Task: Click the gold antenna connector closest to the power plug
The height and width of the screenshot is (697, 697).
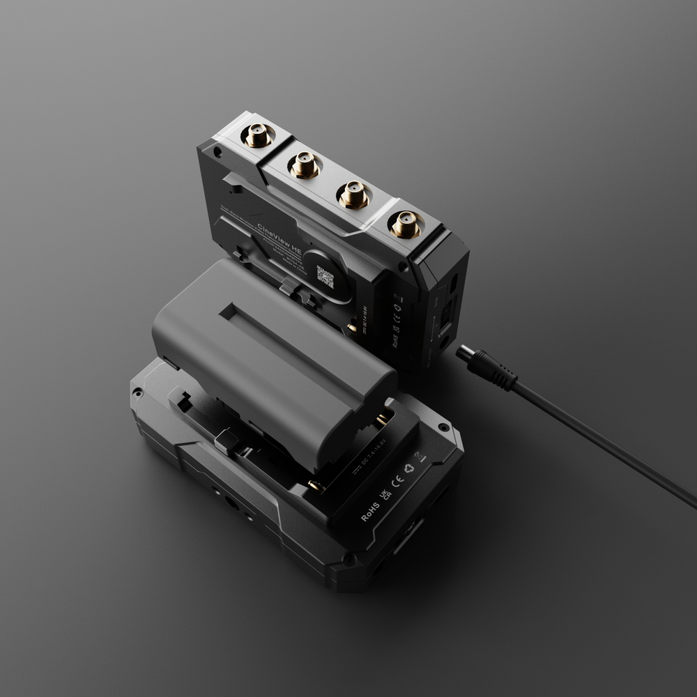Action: [x=406, y=224]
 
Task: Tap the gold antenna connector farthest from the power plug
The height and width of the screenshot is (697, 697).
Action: [x=258, y=135]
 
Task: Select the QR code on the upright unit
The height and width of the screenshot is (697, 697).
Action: [x=325, y=277]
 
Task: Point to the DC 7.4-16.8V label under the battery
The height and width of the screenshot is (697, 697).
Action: [x=375, y=466]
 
